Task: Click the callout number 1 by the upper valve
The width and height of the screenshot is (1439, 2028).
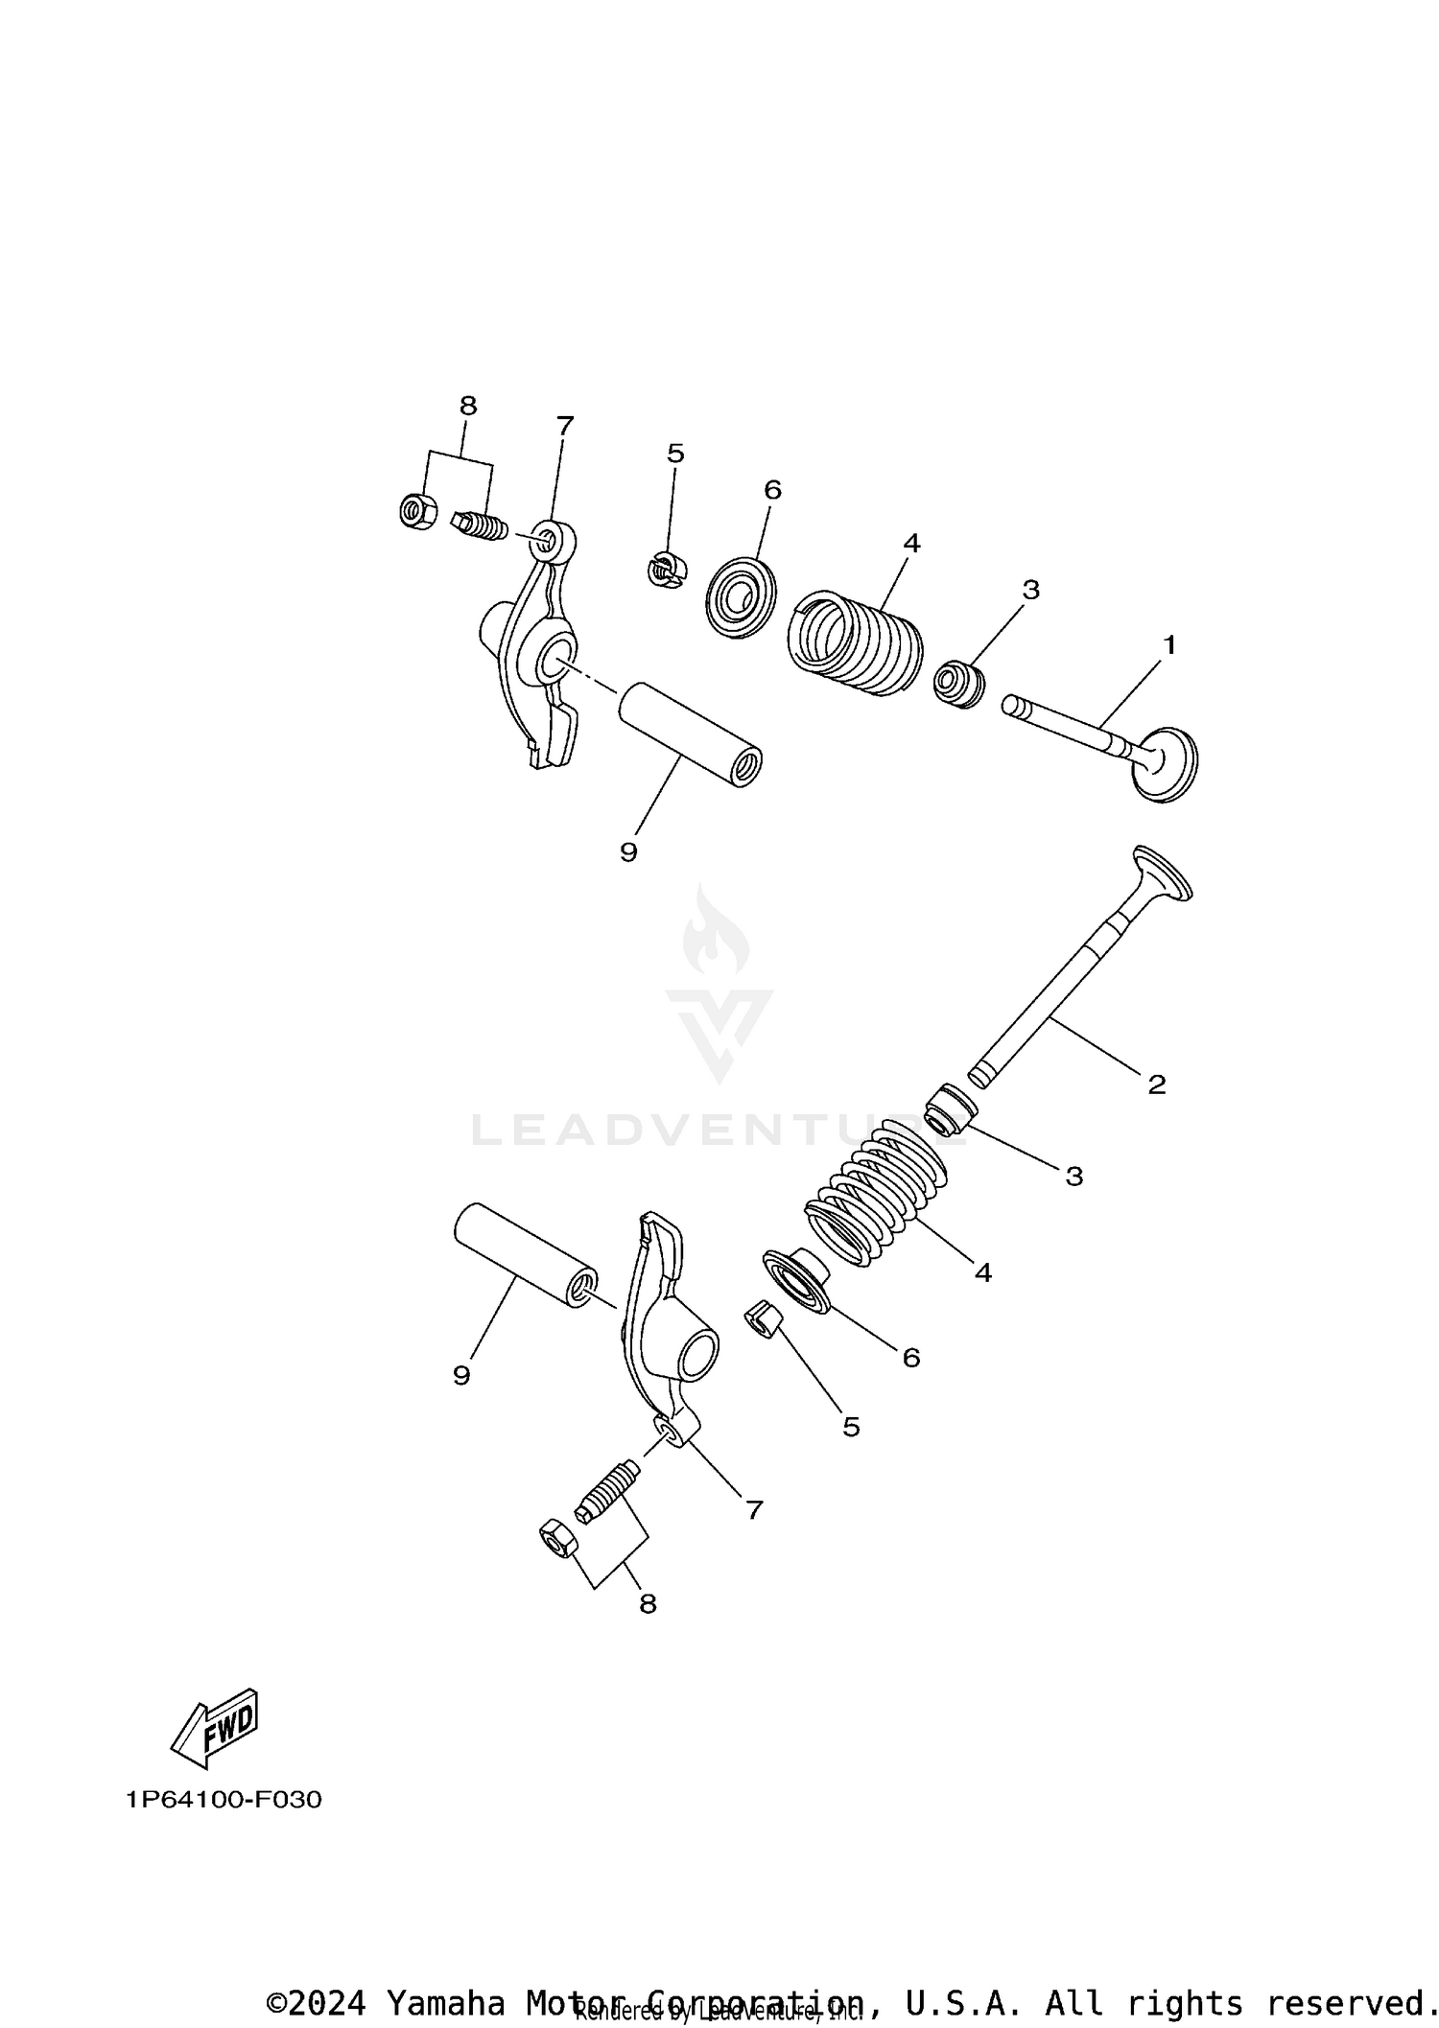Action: pyautogui.click(x=1168, y=645)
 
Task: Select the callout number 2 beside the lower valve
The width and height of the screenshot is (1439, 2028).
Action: pyautogui.click(x=1157, y=1084)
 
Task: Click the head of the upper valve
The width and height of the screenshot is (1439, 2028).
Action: pyautogui.click(x=1167, y=762)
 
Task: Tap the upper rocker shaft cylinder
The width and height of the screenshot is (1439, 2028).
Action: pyautogui.click(x=689, y=734)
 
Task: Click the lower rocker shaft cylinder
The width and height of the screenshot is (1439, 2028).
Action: pyautogui.click(x=525, y=1254)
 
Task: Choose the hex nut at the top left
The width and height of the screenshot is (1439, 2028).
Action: pyautogui.click(x=417, y=510)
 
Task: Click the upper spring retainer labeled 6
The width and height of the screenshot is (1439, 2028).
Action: pyautogui.click(x=740, y=601)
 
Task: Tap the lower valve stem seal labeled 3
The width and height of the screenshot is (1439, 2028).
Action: pyautogui.click(x=950, y=1107)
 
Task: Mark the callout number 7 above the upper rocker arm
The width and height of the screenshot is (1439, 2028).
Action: pyautogui.click(x=564, y=425)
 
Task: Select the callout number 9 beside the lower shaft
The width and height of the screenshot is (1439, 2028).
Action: pyautogui.click(x=461, y=1375)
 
